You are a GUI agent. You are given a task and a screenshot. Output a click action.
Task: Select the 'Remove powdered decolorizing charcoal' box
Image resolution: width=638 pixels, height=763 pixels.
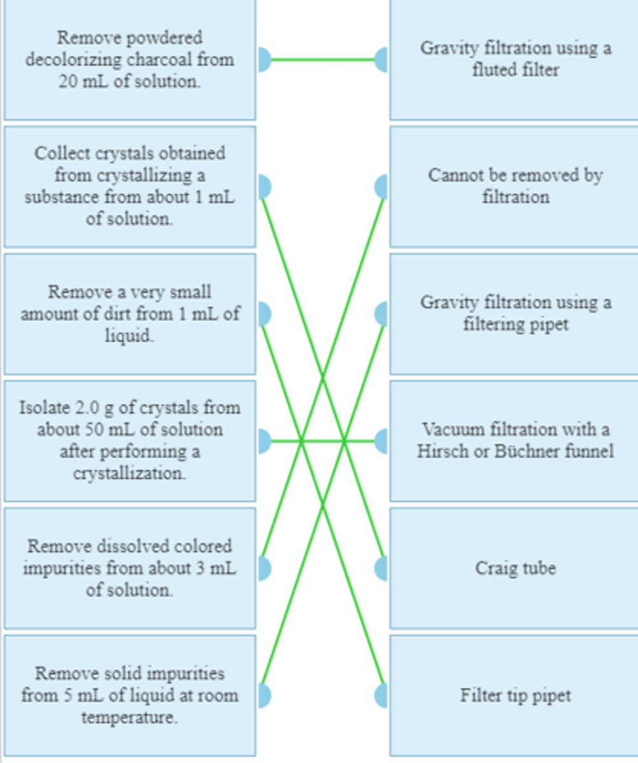coord(130,59)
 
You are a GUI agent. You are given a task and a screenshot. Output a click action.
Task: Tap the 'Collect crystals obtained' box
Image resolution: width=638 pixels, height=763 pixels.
coord(130,186)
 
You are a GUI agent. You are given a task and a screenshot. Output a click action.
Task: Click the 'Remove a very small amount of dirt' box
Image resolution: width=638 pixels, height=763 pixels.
coord(130,313)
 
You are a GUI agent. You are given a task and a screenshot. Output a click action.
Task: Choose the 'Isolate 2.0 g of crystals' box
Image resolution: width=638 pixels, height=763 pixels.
coord(130,441)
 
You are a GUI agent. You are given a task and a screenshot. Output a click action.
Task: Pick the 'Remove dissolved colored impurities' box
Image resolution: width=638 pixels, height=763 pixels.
coord(130,568)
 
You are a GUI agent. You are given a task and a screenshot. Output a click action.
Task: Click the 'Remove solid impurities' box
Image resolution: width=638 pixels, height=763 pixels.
coord(130,695)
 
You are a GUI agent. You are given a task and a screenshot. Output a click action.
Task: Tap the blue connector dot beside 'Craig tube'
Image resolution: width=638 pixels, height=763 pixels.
coord(382,568)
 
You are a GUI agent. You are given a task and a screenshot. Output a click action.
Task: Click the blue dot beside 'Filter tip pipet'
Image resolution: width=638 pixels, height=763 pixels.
coord(382,695)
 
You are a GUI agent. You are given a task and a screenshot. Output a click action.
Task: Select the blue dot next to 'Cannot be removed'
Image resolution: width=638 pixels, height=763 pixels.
coord(382,187)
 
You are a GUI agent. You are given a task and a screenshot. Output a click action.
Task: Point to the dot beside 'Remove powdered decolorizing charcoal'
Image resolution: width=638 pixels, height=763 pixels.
coord(264,60)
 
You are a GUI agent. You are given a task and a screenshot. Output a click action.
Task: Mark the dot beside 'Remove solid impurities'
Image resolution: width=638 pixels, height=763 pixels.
coord(264,695)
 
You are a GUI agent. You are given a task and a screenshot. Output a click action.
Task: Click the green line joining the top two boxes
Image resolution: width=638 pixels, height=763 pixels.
coord(322,60)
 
